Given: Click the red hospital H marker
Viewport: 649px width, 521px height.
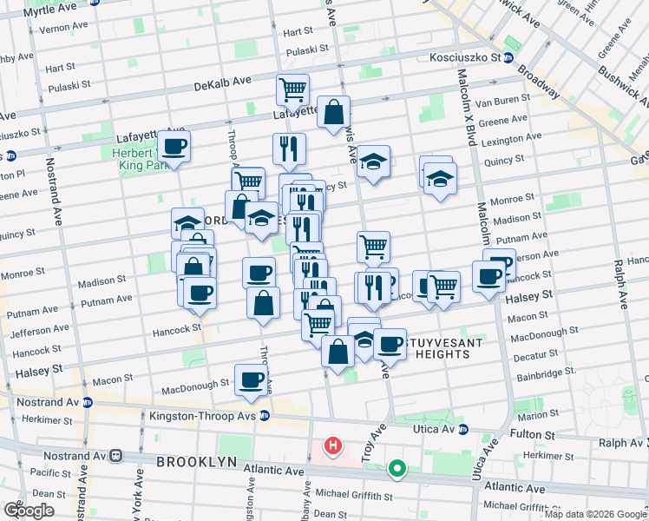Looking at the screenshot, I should click(331, 446).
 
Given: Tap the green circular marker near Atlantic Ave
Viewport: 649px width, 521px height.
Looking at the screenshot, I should click(397, 470).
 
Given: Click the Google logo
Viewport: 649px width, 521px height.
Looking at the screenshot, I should click(29, 511).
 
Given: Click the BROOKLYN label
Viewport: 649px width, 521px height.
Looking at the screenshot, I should click(196, 462).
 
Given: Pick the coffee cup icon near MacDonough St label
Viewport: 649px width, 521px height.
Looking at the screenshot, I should click(251, 379).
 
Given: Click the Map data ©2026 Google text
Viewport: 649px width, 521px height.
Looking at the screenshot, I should click(595, 514).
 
